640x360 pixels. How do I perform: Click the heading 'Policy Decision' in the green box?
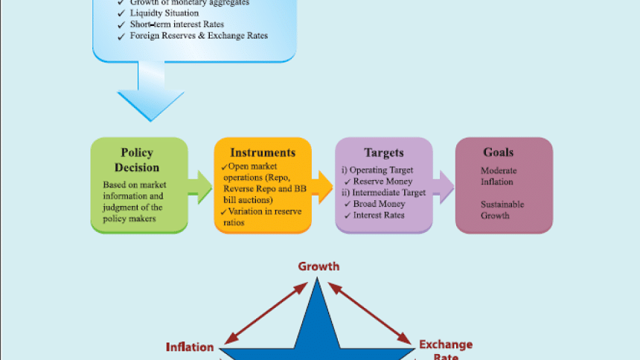pos(136,160)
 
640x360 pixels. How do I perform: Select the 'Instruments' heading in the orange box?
pos(263,152)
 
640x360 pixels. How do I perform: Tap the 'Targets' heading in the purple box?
pos(383,152)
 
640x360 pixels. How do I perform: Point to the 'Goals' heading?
pos(499,152)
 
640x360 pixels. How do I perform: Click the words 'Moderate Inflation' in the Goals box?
pos(499,176)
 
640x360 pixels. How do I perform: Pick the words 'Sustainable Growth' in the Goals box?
pos(502,209)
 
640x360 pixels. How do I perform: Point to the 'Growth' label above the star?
pos(319,266)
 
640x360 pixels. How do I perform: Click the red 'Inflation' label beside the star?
pos(190,347)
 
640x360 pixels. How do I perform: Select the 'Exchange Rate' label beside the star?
pos(445,350)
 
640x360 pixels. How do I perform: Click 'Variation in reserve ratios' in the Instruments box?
pos(260,217)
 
